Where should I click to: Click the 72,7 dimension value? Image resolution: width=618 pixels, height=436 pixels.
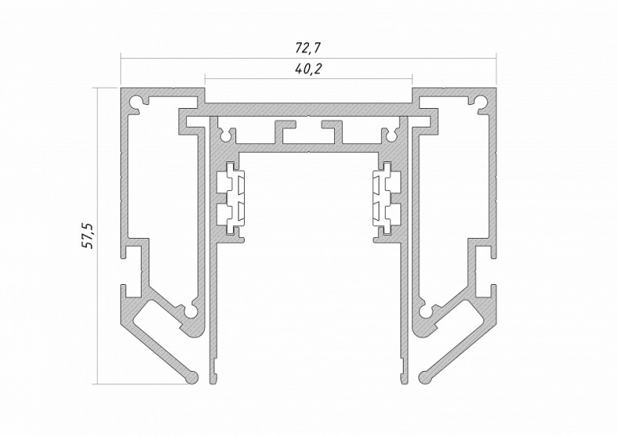[308, 48]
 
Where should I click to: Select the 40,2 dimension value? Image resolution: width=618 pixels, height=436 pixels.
[308, 69]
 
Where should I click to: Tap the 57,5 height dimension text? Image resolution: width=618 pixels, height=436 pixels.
[88, 236]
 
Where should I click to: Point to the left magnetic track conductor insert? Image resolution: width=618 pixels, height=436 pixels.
[231, 198]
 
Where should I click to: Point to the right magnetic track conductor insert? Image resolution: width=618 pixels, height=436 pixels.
[386, 198]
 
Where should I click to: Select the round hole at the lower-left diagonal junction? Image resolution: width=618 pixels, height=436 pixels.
[192, 312]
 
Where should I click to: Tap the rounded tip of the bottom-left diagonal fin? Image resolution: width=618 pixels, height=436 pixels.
[192, 377]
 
